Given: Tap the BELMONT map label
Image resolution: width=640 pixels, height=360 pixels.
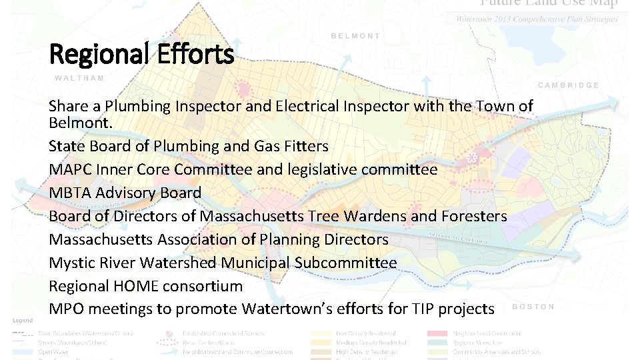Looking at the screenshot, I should tap(355, 36).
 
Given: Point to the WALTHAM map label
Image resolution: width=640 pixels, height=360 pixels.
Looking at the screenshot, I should tap(79, 78).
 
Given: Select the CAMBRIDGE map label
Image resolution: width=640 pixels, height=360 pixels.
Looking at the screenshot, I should tap(568, 85).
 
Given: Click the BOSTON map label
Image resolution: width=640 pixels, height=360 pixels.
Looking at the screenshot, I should tap(533, 307).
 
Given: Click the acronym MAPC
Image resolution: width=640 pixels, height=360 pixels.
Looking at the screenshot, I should tap(71, 169).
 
